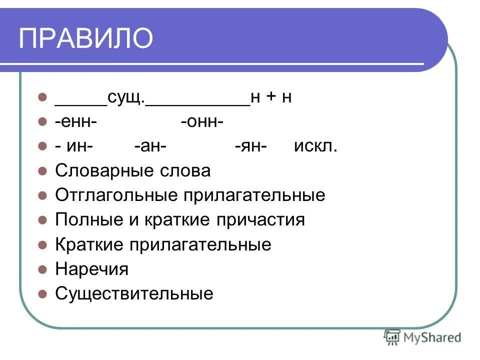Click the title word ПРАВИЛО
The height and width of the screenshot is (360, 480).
pos(85,38)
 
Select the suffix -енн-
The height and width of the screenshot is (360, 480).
pos(76,122)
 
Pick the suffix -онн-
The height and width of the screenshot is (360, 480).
pos(202,122)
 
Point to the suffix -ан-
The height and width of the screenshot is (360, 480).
pos(150,146)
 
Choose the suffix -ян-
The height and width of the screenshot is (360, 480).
pos(251,146)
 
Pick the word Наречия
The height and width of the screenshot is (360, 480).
pos(91,269)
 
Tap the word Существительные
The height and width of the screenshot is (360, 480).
pos(134,293)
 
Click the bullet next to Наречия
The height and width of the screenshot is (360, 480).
pos(42,269)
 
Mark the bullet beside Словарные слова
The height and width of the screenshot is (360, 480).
pos(42,171)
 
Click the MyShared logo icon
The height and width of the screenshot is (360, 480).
pos(392,337)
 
